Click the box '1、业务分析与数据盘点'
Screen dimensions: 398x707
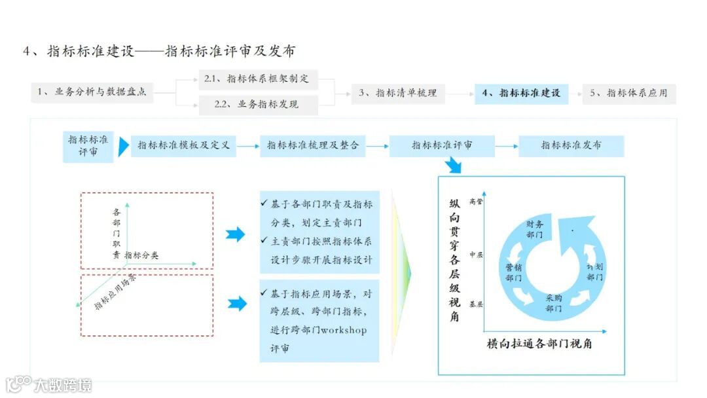[x=91, y=93]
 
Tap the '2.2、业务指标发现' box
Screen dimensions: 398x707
[x=258, y=105]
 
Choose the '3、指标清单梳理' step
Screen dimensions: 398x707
[x=397, y=94]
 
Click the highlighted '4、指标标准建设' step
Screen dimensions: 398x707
[x=522, y=94]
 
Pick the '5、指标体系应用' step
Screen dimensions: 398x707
[x=628, y=94]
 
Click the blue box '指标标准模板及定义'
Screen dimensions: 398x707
[x=183, y=146]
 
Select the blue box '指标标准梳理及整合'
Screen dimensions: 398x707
[x=313, y=146]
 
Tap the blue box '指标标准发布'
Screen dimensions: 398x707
[x=571, y=146]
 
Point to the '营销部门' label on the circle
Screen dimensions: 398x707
[x=513, y=272]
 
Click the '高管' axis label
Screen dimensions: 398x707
[x=476, y=202]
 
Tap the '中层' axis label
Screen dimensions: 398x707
[x=476, y=255]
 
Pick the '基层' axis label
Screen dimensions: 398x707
[x=476, y=304]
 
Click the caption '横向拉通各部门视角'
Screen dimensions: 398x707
[x=539, y=343]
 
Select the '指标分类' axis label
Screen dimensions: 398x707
[x=141, y=255]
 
